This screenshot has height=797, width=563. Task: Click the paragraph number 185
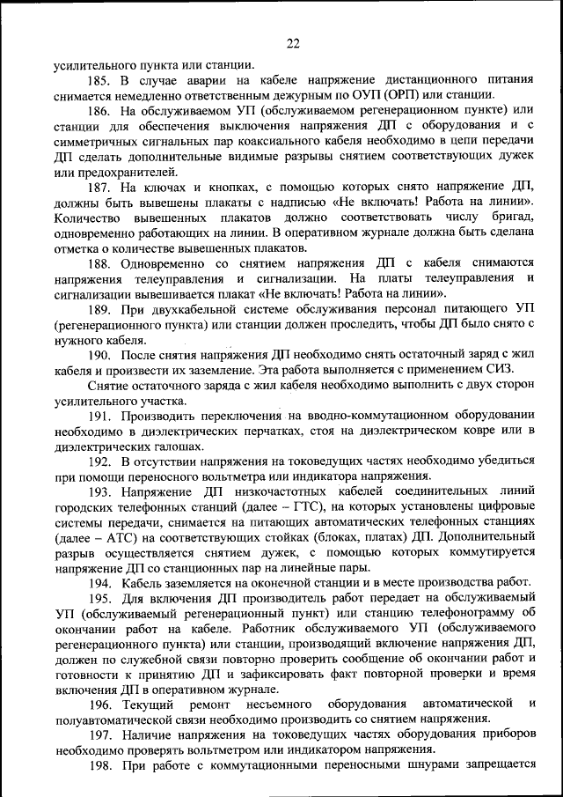(99, 80)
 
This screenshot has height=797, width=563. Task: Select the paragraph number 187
(99, 188)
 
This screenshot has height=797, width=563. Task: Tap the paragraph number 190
(99, 355)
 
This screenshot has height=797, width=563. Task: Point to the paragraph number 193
(99, 491)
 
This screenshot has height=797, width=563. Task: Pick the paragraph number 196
(99, 704)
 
